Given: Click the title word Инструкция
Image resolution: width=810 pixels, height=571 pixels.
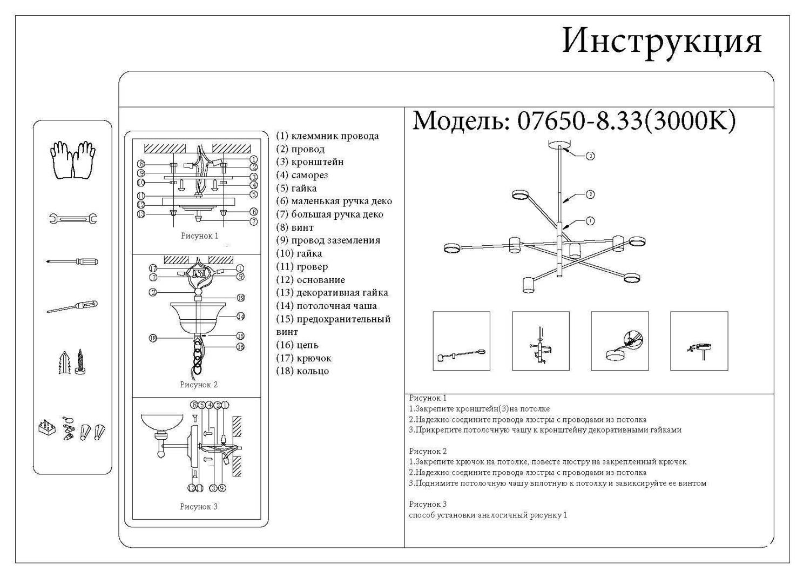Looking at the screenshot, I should tap(661, 42).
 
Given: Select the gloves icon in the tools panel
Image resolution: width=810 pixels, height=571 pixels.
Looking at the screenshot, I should tap(73, 160).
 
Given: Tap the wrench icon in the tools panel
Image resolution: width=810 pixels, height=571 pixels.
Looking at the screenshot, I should tap(73, 219).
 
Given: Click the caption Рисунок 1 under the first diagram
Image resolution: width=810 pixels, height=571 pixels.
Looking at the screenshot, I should tap(199, 236).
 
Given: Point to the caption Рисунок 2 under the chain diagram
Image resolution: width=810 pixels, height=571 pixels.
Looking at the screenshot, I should tap(198, 385).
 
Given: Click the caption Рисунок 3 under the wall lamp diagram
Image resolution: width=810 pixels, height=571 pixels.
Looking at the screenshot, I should tap(198, 507).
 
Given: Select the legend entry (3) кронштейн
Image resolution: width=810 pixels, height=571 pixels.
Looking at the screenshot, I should tap(310, 162).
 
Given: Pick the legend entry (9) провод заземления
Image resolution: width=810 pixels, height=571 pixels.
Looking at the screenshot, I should tap(328, 240).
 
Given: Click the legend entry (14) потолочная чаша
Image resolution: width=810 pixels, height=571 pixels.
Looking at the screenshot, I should tap(327, 306).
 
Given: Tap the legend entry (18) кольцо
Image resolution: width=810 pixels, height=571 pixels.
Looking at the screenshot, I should tap(302, 371).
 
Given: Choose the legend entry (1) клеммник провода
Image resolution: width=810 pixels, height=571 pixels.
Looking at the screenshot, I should tap(327, 136).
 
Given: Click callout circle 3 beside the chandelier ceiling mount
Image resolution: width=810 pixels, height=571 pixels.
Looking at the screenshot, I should tap(590, 156).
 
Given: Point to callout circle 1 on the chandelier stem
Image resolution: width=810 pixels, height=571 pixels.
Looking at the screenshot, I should tap(590, 221).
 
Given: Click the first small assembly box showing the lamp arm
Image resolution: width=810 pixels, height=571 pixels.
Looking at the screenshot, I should tap(461, 341).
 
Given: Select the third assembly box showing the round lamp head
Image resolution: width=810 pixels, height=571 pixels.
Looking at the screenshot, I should tap(619, 341).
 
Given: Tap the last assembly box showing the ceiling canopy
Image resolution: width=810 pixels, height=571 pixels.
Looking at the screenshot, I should tap(699, 341).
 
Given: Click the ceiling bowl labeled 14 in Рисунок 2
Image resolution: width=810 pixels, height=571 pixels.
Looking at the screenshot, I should tap(200, 318).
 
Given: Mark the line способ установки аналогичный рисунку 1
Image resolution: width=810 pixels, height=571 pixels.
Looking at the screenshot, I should tap(488, 515).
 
